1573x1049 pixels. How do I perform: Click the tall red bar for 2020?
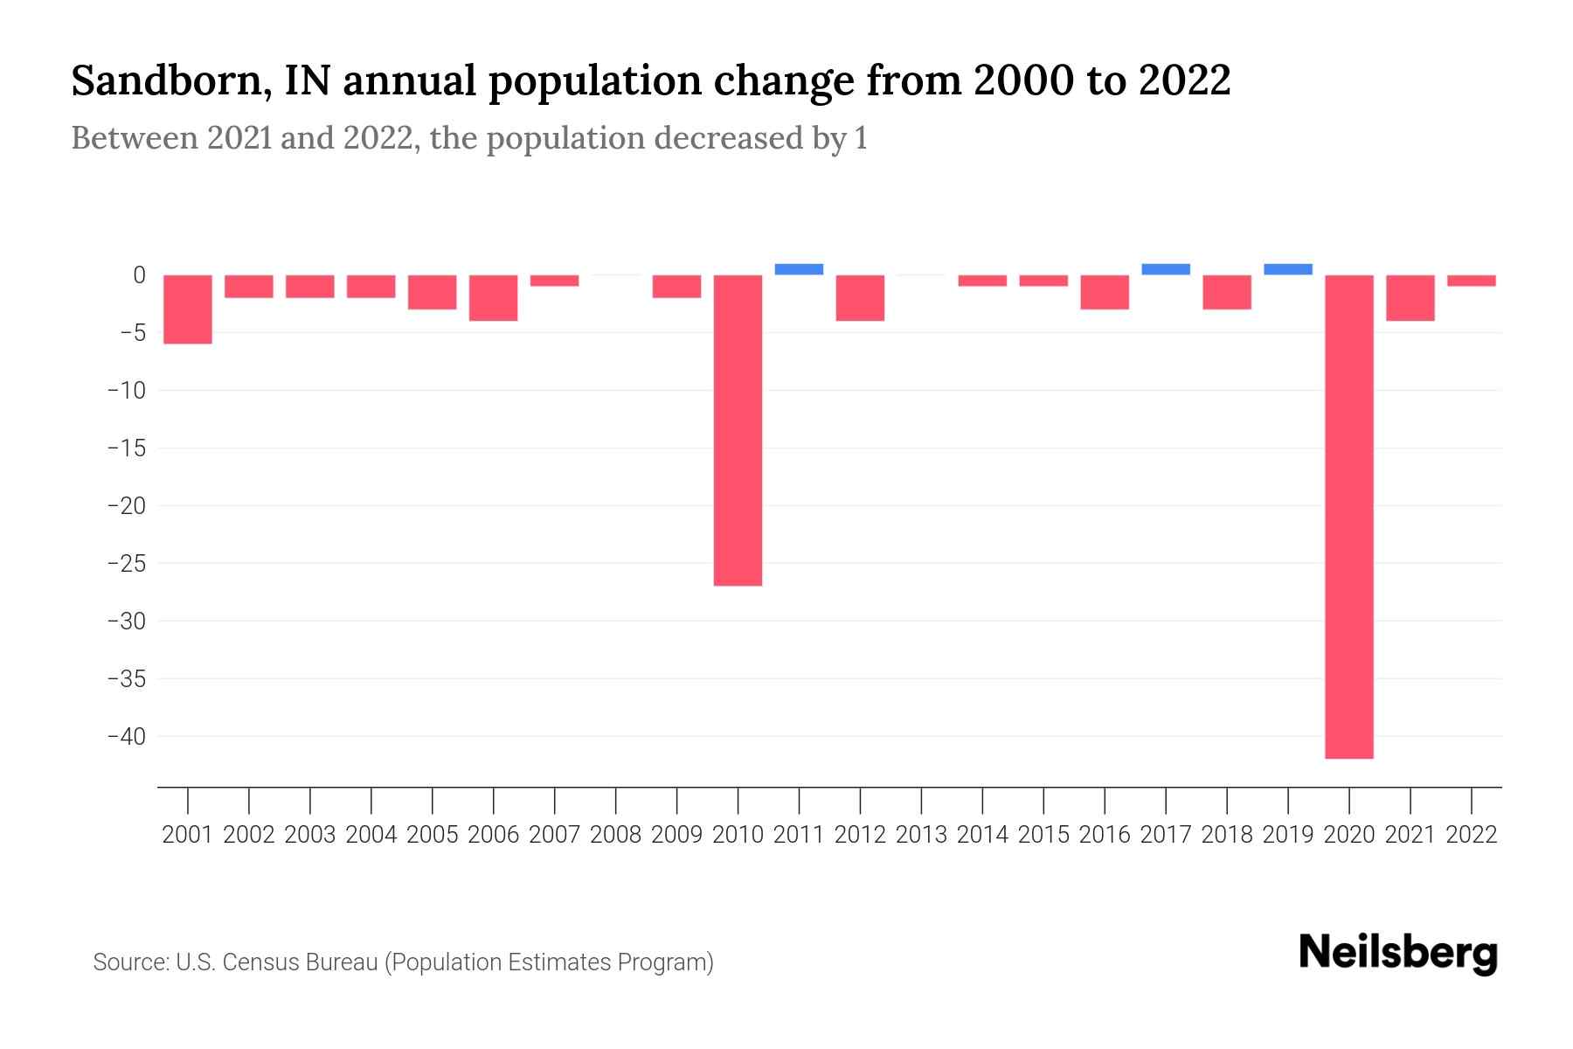pos(1349,516)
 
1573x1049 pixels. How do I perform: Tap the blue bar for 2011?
pos(799,269)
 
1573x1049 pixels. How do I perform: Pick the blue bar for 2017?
pos(1166,269)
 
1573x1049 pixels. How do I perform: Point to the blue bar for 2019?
pos(1288,269)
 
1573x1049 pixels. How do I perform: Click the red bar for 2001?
pos(188,309)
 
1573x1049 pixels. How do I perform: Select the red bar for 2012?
pos(860,297)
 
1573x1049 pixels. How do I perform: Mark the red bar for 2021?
pos(1410,297)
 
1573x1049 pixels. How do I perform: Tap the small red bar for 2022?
pos(1472,281)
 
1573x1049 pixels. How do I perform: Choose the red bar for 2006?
pos(494,297)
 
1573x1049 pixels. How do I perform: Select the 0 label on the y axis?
pos(139,275)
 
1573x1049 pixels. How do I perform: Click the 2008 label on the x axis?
pos(616,835)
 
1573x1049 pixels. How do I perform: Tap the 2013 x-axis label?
pos(921,835)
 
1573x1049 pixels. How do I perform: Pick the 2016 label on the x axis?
pos(1105,835)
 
